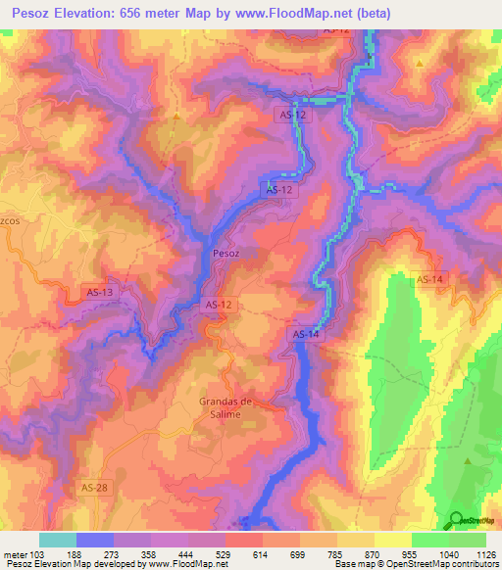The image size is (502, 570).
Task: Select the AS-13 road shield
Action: tap(100, 292)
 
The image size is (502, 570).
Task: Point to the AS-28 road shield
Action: tap(90, 487)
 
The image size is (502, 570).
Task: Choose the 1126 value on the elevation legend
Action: tap(485, 554)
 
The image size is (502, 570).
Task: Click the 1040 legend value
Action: tap(448, 554)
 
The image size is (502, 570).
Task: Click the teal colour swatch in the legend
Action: tap(58, 540)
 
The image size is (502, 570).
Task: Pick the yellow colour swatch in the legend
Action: tap(392, 540)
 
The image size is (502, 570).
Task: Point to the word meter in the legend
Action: tap(16, 554)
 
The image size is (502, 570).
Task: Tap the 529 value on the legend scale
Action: tap(225, 554)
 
